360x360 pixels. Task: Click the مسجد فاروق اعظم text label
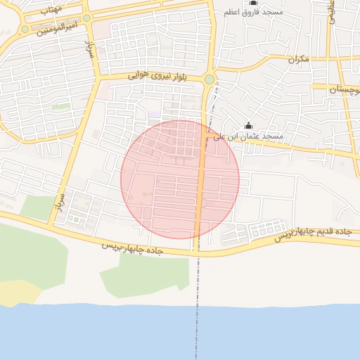point(255,13)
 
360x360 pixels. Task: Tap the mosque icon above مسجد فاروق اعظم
point(254,3)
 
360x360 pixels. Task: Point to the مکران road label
point(297,60)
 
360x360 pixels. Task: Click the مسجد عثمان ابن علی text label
point(254,136)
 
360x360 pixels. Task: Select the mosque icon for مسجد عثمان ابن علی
point(247,125)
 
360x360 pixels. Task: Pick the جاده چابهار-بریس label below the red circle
point(134,248)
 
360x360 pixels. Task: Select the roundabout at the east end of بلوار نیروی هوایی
point(210,79)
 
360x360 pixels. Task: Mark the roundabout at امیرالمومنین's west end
point(25,30)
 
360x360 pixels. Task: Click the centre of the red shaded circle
point(180,179)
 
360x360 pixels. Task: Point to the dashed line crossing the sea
point(196,330)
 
